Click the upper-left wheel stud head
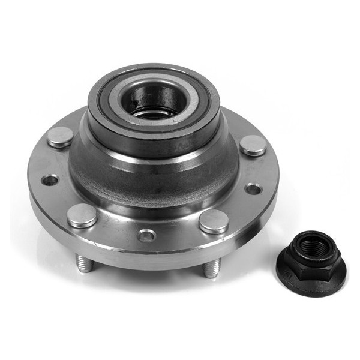(60, 136)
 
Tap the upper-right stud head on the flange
(253, 145)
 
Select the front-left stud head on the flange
(82, 215)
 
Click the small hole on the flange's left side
(50, 179)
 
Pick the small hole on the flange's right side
(253, 189)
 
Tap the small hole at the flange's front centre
(146, 235)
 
